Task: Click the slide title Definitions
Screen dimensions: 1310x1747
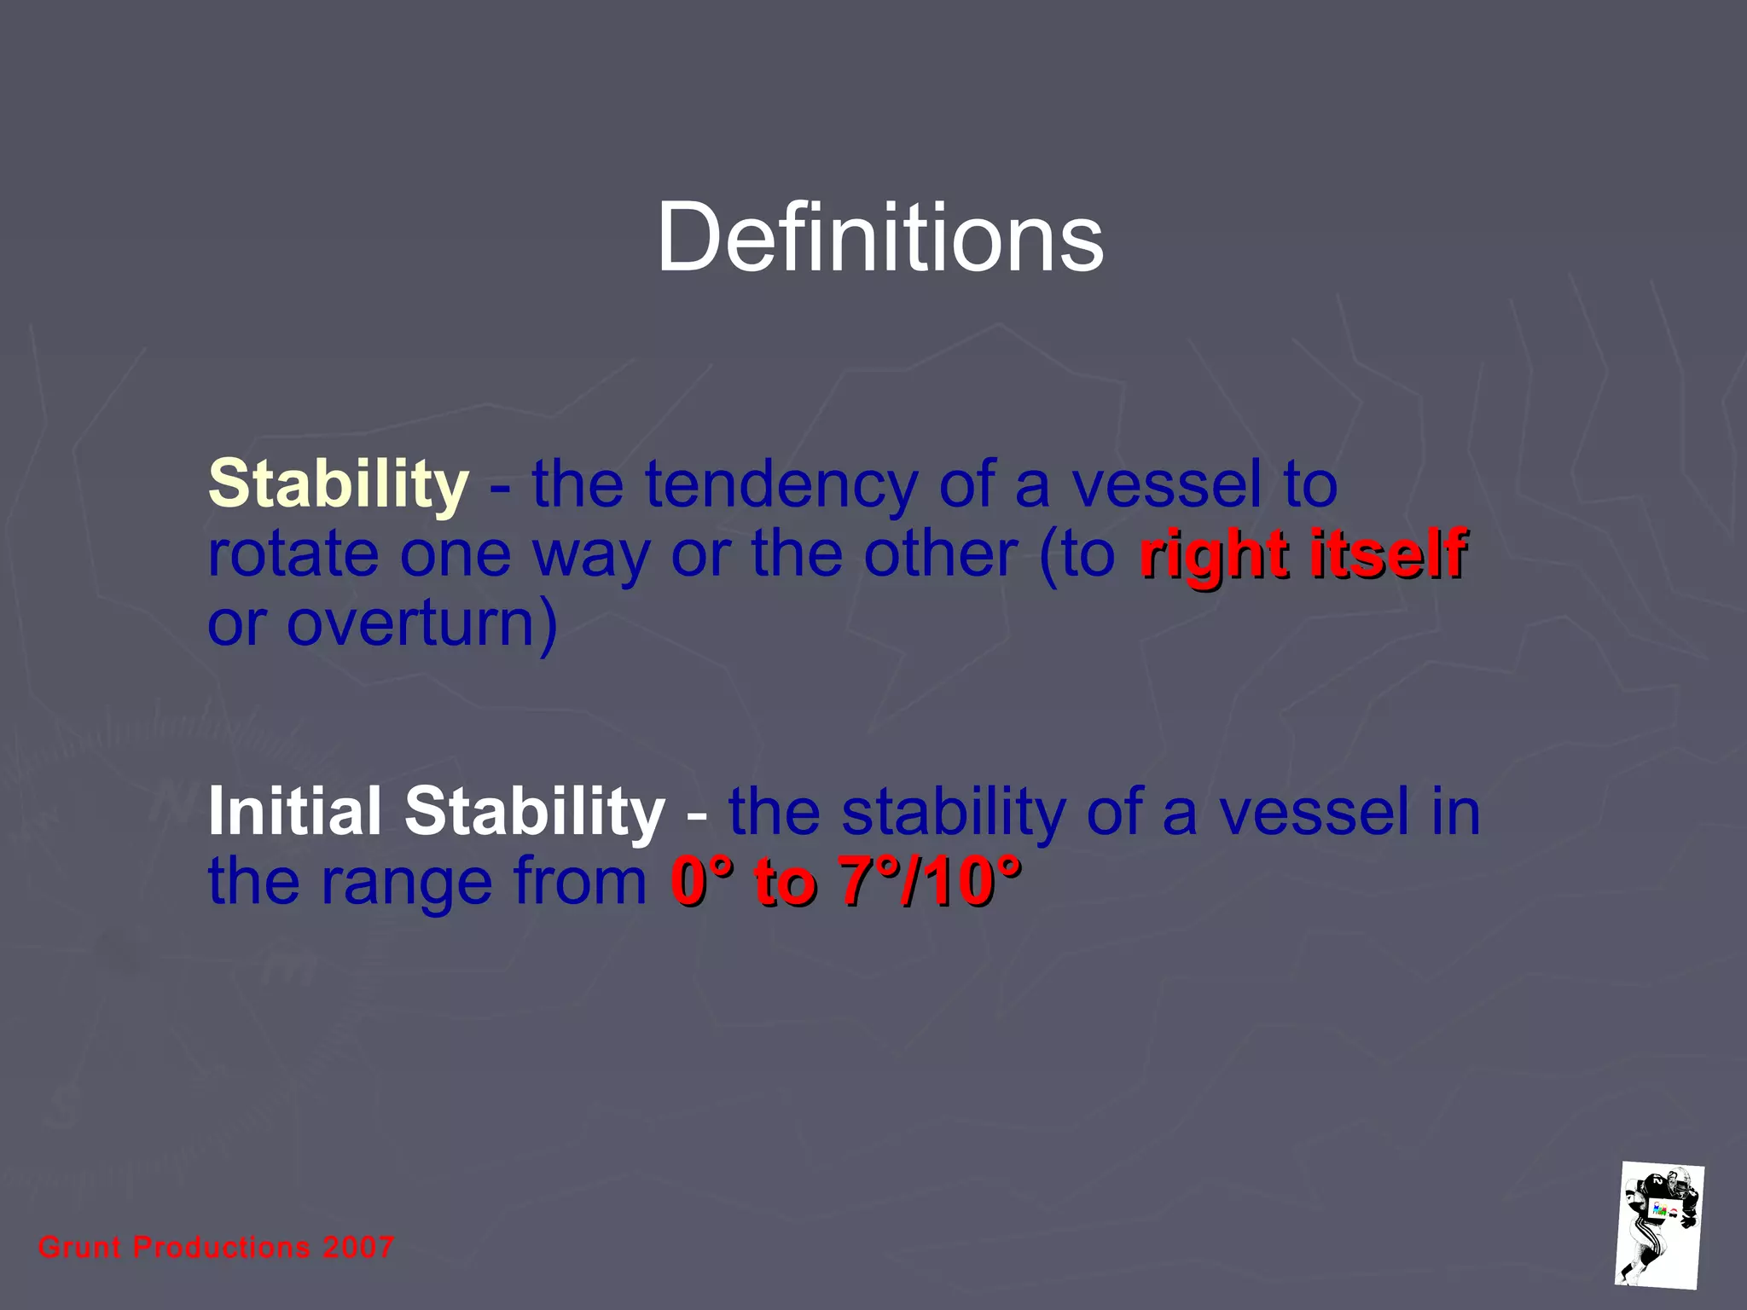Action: coord(879,238)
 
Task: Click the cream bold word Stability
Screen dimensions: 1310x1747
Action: coord(338,484)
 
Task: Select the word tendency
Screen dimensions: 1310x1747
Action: coord(780,484)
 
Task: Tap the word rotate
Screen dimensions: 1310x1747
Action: coord(293,554)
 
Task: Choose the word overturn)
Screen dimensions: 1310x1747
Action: coord(421,623)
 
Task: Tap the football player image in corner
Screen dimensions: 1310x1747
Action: coord(1659,1224)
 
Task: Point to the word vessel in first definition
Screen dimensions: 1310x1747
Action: coord(1166,484)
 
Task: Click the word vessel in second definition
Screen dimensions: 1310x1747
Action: coord(1314,812)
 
